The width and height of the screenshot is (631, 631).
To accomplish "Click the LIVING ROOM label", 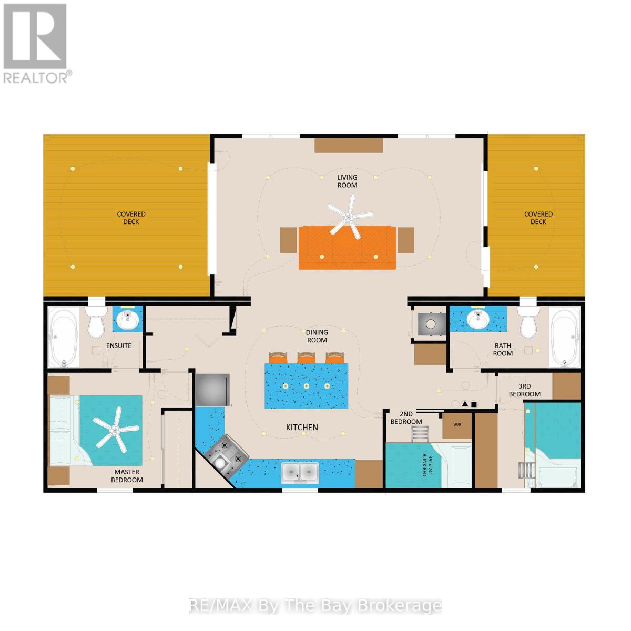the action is click(347, 181).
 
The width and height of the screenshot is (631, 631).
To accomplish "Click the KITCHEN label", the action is click(302, 428).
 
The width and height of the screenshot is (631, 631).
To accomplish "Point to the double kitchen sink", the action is click(300, 472).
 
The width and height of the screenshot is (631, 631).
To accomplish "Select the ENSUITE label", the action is click(118, 346).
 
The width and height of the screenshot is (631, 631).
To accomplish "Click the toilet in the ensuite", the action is click(96, 322).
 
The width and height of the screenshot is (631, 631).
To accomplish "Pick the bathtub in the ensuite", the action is click(63, 337).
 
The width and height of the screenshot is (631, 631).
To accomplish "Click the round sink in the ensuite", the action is click(128, 319).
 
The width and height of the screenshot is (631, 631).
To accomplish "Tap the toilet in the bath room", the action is click(528, 322).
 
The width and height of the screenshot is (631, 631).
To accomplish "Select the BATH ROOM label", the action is click(503, 349).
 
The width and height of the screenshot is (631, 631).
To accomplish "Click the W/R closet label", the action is click(457, 424).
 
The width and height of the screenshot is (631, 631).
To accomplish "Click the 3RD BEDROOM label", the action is click(525, 390).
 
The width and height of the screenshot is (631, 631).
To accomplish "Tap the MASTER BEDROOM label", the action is click(127, 476).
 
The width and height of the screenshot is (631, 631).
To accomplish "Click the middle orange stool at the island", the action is click(306, 358).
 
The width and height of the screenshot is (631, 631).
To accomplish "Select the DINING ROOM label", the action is click(317, 336).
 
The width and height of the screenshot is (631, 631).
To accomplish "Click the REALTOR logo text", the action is click(36, 78).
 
